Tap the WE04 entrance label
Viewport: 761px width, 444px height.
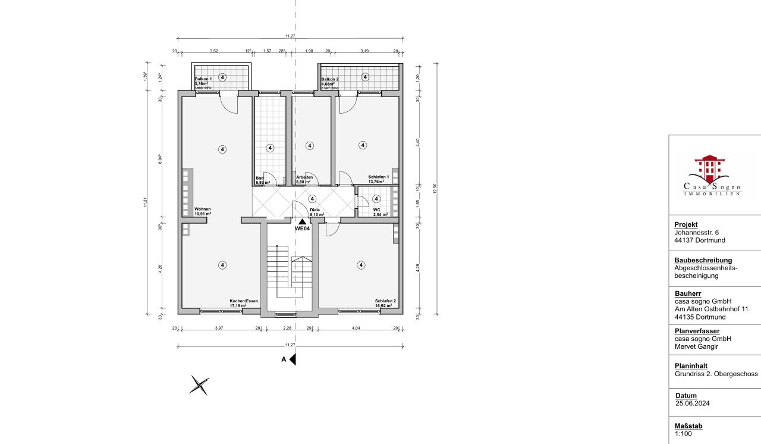pyautogui.click(x=303, y=229)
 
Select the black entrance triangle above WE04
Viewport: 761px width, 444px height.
pyautogui.click(x=303, y=221)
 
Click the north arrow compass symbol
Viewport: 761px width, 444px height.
pyautogui.click(x=199, y=385)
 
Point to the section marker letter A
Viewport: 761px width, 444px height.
pyautogui.click(x=284, y=359)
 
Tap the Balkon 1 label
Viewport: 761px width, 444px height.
pyautogui.click(x=203, y=79)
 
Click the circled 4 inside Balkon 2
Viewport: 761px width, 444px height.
pyautogui.click(x=364, y=77)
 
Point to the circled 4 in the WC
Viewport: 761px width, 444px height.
pyautogui.click(x=376, y=199)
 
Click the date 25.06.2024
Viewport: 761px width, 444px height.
pyautogui.click(x=693, y=403)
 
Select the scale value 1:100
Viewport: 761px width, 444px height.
pyautogui.click(x=684, y=434)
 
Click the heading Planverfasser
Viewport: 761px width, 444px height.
pyautogui.click(x=697, y=331)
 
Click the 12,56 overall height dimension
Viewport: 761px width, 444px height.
pyautogui.click(x=436, y=187)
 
